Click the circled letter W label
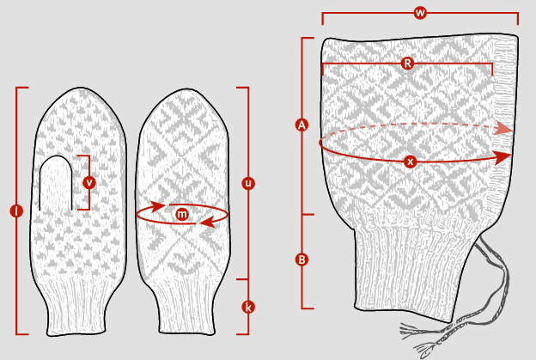point(420,13)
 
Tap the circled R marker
point(407,64)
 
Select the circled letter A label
point(301,125)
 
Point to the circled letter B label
point(301,259)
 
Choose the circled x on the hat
point(410,162)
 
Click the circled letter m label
point(182,214)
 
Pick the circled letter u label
point(248,183)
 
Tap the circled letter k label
point(248,307)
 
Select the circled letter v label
point(89,182)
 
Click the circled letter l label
point(16,211)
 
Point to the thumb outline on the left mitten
point(56,156)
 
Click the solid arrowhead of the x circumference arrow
point(502,157)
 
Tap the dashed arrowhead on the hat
point(503,128)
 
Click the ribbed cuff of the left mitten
point(76,304)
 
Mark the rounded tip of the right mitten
point(185,89)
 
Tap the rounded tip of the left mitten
point(81,88)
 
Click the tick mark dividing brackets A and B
point(308,215)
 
